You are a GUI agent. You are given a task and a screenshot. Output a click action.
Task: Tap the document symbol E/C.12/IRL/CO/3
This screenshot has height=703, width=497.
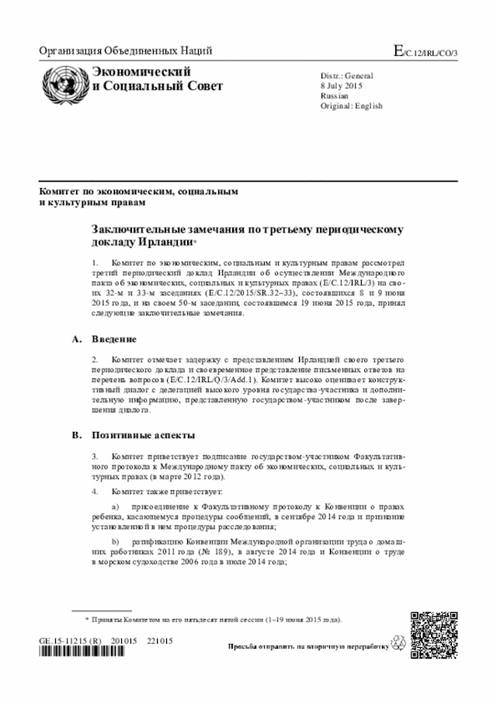(426, 52)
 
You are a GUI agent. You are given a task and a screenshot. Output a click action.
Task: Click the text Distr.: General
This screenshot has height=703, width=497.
(347, 76)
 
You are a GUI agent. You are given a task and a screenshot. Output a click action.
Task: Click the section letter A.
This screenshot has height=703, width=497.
(76, 339)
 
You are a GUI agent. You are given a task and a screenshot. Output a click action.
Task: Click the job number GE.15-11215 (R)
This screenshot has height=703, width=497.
(71, 641)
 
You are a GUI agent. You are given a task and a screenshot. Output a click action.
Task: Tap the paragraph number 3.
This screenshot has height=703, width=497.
(95, 458)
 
